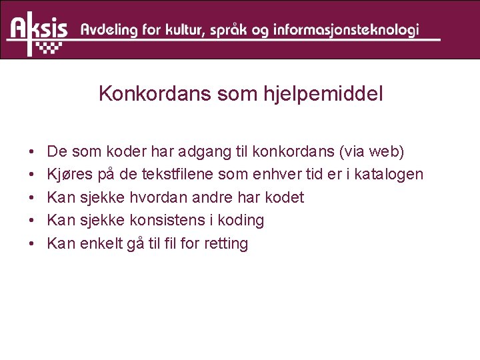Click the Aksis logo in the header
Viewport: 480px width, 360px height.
click(x=39, y=31)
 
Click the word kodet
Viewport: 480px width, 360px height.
click(x=284, y=197)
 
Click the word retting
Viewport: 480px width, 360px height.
click(x=227, y=244)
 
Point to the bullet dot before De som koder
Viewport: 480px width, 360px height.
click(x=33, y=153)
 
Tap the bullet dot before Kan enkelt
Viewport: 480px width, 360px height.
click(x=33, y=244)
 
